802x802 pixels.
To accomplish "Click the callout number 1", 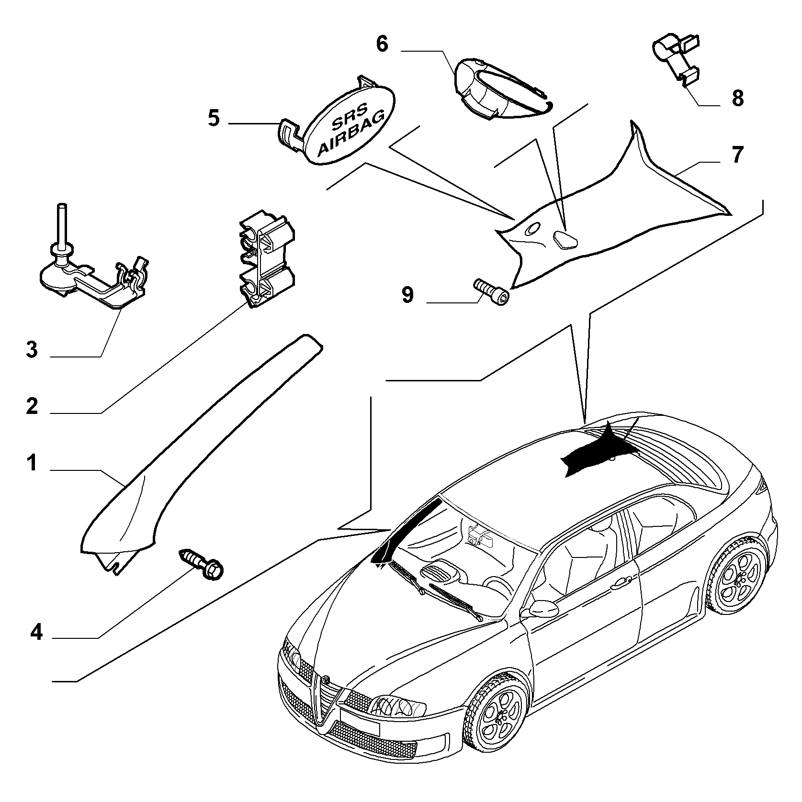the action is (x=32, y=463).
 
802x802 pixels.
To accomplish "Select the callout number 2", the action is (x=32, y=406).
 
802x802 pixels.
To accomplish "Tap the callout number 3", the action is (x=32, y=349).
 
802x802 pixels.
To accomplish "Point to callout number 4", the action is (x=36, y=633).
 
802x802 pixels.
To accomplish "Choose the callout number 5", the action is (x=214, y=118).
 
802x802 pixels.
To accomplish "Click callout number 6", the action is (x=382, y=44).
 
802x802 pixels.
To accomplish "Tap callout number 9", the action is (x=407, y=295).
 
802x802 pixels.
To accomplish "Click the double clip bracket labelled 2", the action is (x=267, y=259).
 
